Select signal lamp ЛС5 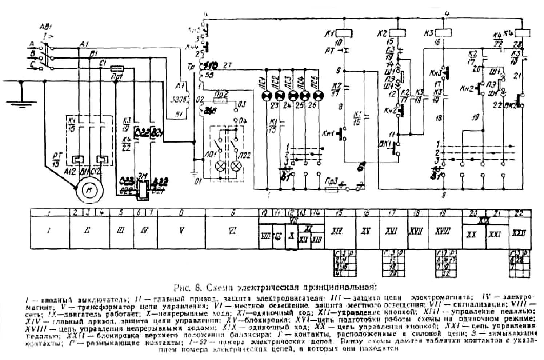point(319,95)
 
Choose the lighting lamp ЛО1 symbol point(220,165)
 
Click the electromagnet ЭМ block point(142,189)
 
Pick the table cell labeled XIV point(340,231)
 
